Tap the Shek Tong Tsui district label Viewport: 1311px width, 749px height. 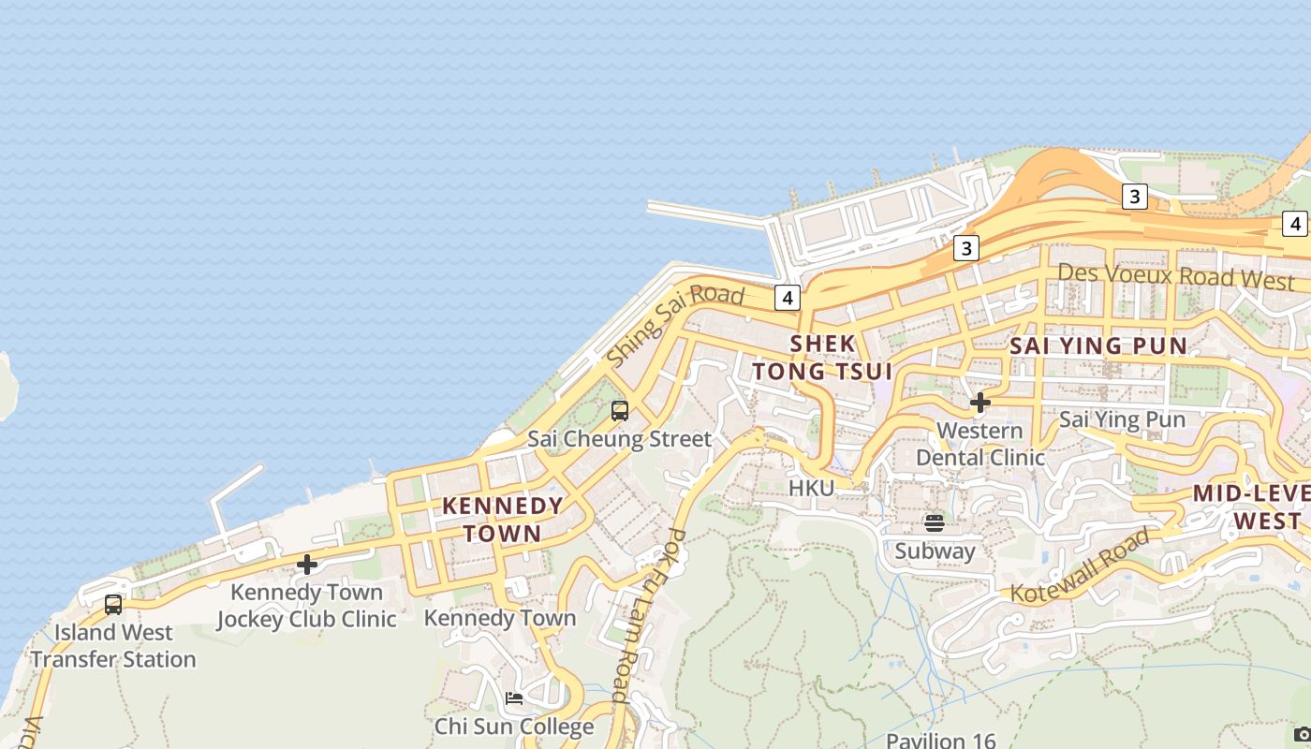click(x=822, y=358)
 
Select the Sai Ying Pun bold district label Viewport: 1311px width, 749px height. click(x=1098, y=345)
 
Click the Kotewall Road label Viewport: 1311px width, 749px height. click(x=1078, y=565)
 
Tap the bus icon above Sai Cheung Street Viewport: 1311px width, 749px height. click(x=619, y=410)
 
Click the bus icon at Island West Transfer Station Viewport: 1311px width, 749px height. click(x=113, y=605)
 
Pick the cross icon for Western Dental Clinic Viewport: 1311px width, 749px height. click(x=980, y=403)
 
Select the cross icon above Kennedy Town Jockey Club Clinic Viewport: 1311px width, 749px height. click(x=307, y=565)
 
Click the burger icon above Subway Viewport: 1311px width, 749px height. click(x=934, y=522)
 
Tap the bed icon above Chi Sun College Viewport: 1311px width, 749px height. click(x=513, y=698)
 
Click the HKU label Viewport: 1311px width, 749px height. click(x=811, y=488)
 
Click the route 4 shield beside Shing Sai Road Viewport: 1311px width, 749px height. click(x=788, y=298)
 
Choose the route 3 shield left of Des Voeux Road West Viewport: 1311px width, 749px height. click(x=965, y=248)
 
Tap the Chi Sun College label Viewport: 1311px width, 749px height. click(x=514, y=727)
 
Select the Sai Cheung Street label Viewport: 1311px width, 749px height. click(x=619, y=438)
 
